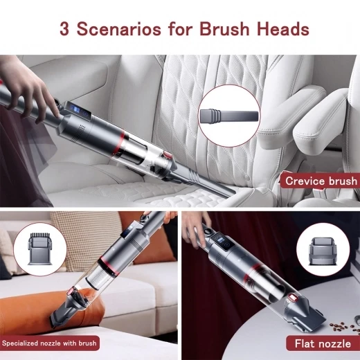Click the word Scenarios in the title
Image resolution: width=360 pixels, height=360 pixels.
[x=124, y=30]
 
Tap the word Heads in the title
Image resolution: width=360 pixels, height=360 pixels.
[x=278, y=30]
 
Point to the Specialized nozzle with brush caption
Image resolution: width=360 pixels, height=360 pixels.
[x=50, y=343]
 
